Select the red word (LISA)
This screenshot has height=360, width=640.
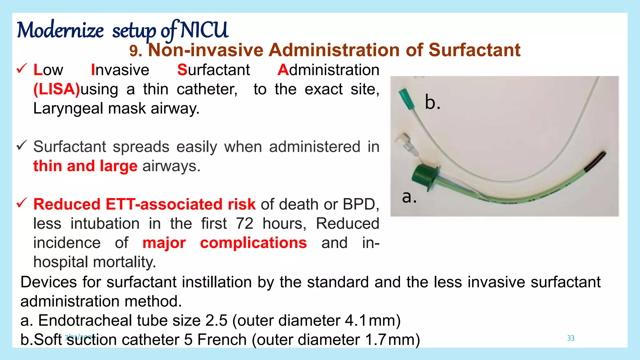[x=57, y=89]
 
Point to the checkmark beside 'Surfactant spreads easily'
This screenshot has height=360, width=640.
[x=22, y=145]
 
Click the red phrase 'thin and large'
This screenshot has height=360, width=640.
[x=85, y=166]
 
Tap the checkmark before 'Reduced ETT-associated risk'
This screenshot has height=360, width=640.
[x=22, y=203]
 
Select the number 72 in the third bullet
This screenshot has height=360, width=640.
[x=244, y=224]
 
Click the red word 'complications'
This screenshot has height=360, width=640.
[x=253, y=243]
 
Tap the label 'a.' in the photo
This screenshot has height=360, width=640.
[x=409, y=197]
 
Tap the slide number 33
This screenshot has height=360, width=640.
[x=571, y=338]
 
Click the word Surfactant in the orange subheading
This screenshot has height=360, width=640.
[x=474, y=50]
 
